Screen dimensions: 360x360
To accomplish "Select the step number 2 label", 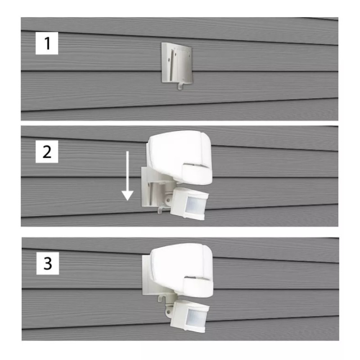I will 47,153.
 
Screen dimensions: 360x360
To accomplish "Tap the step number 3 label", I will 47,263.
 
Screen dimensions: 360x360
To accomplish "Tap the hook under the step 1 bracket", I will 180,85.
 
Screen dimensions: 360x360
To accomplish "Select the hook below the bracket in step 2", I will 161,209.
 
